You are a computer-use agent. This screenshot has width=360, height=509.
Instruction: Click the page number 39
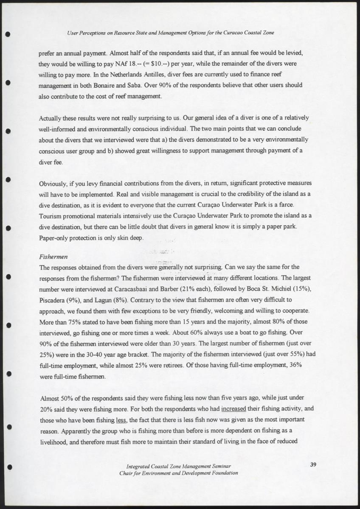click(x=313, y=464)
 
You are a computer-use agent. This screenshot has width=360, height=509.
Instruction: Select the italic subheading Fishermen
click(x=51, y=257)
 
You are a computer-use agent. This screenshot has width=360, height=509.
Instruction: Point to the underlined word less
click(x=121, y=420)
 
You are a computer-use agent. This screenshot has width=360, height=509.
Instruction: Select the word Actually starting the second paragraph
click(x=51, y=118)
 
